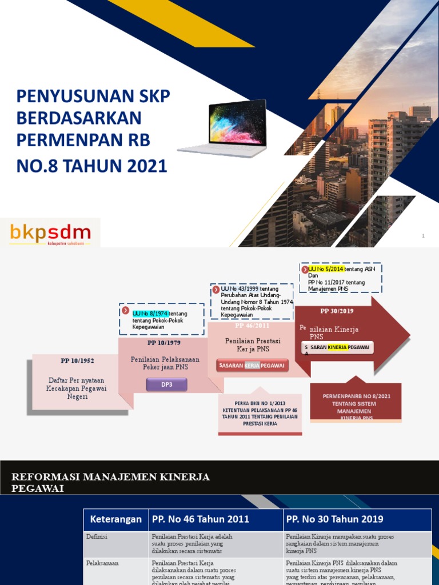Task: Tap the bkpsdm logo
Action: click(50, 233)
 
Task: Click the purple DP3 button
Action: click(166, 385)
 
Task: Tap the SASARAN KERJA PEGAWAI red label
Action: click(252, 366)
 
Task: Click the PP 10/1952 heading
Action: click(77, 360)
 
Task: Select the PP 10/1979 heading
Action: click(163, 343)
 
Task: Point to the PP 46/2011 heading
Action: click(252, 325)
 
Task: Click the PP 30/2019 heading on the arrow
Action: click(337, 311)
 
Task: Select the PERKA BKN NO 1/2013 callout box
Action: click(260, 414)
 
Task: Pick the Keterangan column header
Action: click(115, 519)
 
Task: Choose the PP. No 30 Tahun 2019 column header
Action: click(335, 519)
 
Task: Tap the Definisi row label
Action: click(97, 537)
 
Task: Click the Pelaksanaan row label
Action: click(102, 563)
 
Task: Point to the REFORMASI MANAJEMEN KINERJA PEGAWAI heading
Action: click(111, 482)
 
